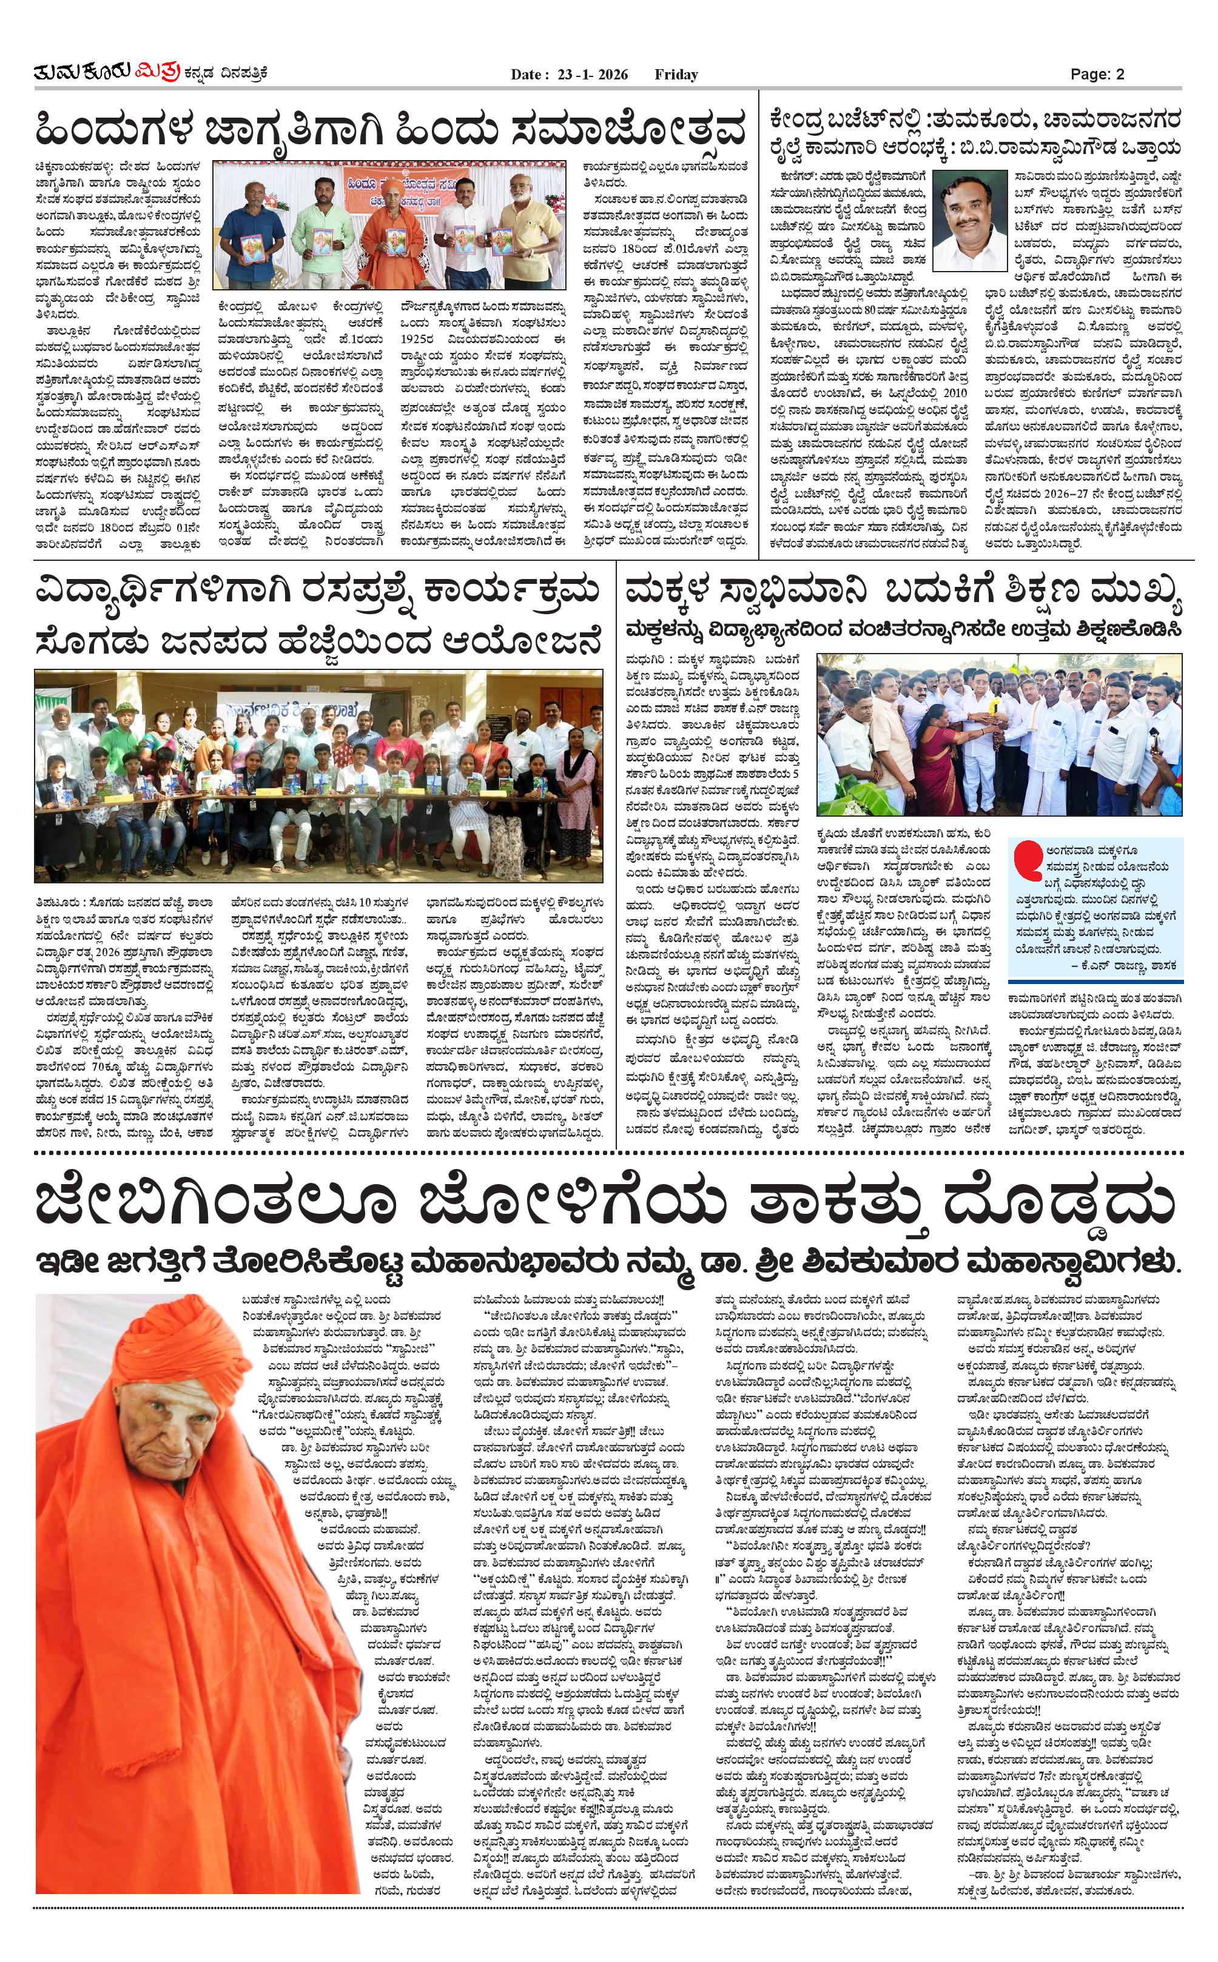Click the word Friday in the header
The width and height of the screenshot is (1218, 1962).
pos(676,74)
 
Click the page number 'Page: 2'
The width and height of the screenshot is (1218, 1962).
pos(1097,74)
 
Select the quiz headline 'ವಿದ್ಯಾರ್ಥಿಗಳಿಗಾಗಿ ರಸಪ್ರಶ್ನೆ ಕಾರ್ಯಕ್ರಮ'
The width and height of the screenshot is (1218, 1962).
pos(318,592)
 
